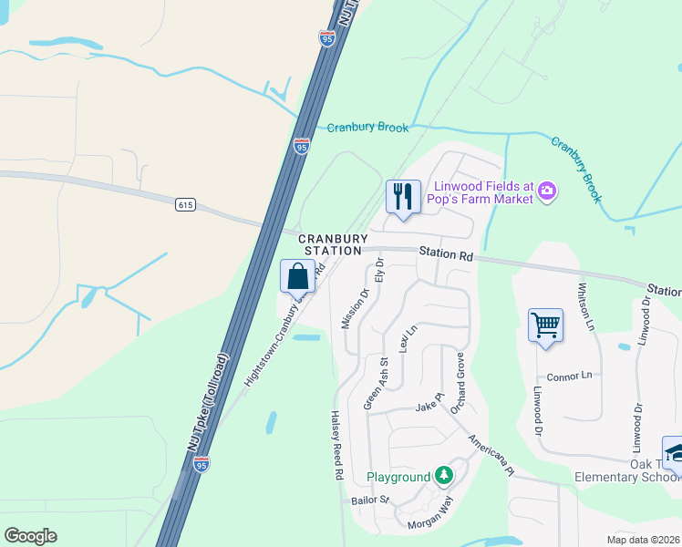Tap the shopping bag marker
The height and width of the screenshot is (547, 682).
(x=297, y=276)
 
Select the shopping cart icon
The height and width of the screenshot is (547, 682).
(x=544, y=325)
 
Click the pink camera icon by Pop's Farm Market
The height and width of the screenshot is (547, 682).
(x=547, y=191)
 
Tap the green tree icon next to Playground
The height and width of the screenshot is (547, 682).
(x=443, y=475)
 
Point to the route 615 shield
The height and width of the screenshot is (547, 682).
(x=186, y=205)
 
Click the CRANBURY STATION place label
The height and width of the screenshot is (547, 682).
(x=331, y=243)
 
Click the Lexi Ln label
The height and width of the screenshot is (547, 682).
(x=407, y=339)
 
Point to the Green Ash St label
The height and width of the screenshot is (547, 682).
(x=377, y=383)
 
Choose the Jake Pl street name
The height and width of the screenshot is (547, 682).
(x=429, y=406)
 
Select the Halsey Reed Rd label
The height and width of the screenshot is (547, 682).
(x=336, y=444)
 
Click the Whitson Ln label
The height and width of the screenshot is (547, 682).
(x=584, y=306)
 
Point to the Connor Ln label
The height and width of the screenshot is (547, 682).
(x=569, y=377)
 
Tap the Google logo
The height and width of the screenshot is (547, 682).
(x=30, y=536)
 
